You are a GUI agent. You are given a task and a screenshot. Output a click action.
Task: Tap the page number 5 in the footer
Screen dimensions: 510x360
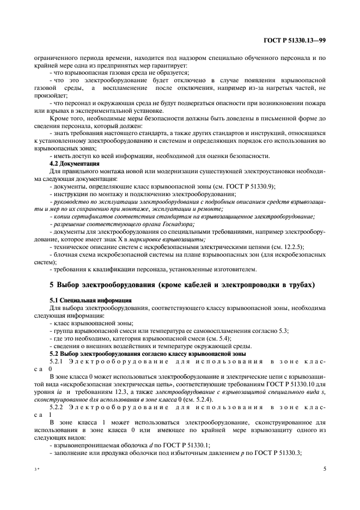[x=324, y=467]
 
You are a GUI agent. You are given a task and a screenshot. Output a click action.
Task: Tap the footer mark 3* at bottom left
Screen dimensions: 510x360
[x=36, y=469]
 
